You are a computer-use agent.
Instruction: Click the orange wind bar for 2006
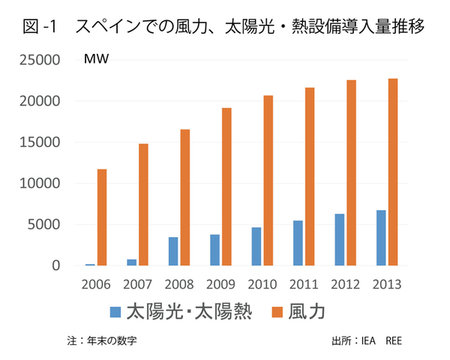(x=102, y=217)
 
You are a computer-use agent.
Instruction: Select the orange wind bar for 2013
(x=392, y=172)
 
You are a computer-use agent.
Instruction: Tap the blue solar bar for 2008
(x=173, y=251)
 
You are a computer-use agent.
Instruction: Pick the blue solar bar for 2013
(x=381, y=238)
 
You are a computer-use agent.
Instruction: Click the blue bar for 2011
(x=298, y=243)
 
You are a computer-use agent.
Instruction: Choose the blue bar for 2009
(x=214, y=250)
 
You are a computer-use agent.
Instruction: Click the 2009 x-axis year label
(x=221, y=284)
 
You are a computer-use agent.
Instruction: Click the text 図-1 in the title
(x=41, y=28)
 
